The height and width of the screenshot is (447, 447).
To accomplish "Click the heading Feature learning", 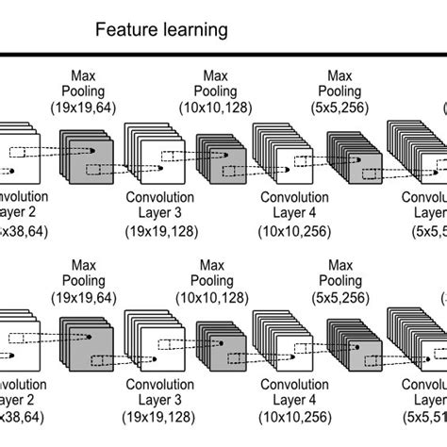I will point(161,30).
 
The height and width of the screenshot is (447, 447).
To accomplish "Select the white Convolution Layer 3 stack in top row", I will point(151,156).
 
